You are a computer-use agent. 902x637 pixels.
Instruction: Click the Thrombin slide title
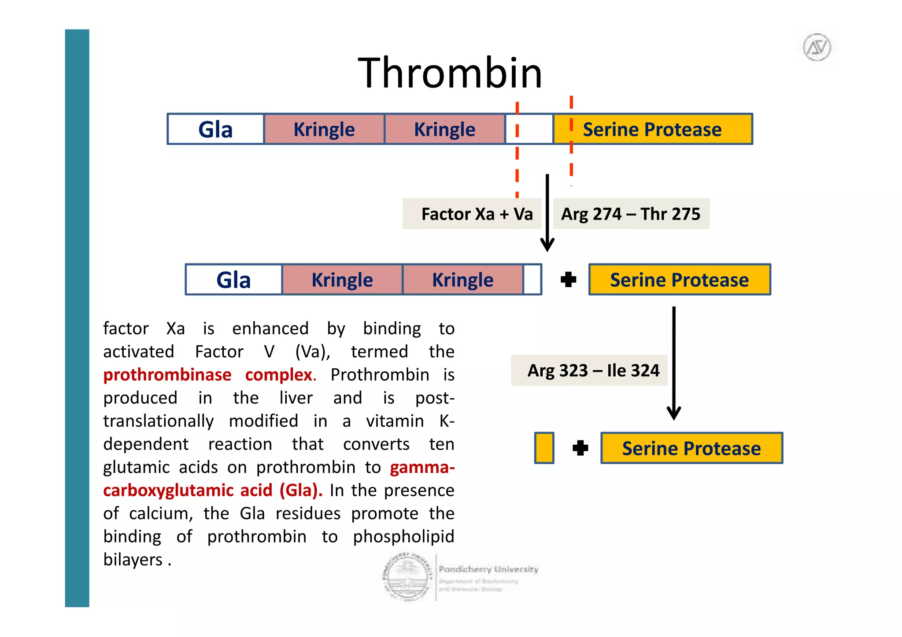[x=450, y=73]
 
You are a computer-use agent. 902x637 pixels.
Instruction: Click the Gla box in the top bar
[x=215, y=129]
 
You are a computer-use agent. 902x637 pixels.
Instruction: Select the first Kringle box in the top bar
[x=324, y=129]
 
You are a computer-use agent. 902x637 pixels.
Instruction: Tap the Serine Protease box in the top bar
[x=652, y=129]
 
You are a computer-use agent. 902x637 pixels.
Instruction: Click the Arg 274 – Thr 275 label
[x=630, y=214]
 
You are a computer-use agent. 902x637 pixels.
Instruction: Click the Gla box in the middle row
[x=233, y=280]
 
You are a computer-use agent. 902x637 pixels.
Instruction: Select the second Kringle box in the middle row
[x=462, y=280]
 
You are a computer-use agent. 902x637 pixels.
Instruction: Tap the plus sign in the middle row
[x=568, y=279]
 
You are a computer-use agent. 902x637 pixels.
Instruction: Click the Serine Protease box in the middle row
[x=679, y=280]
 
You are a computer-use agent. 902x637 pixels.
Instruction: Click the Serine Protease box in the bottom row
[x=691, y=448]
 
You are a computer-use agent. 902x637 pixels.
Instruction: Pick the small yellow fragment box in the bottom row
[x=544, y=448]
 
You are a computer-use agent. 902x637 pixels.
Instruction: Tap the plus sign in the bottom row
[x=580, y=448]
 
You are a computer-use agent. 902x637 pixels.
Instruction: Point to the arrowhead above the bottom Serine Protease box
[x=674, y=414]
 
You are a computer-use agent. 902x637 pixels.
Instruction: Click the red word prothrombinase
[x=167, y=375]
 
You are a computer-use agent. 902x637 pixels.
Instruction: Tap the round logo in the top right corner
[x=817, y=47]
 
